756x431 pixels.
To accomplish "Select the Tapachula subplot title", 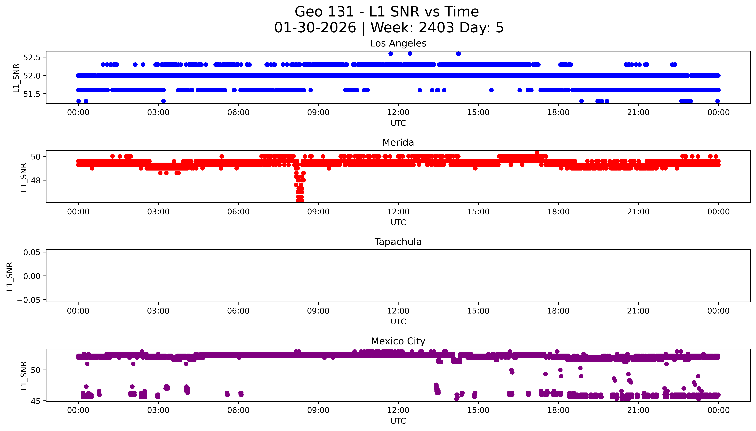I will (x=398, y=242).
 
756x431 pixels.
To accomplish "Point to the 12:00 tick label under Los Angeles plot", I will (x=398, y=113).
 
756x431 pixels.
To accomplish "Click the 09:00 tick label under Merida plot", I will (x=318, y=212).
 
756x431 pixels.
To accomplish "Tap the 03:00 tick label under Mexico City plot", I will (x=158, y=410).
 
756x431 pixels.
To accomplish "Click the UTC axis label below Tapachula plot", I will (x=398, y=321).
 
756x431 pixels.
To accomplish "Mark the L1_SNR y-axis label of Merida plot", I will (x=24, y=177).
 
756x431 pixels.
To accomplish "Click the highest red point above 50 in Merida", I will (x=537, y=153).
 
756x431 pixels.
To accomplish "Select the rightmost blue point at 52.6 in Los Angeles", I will (x=458, y=54).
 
